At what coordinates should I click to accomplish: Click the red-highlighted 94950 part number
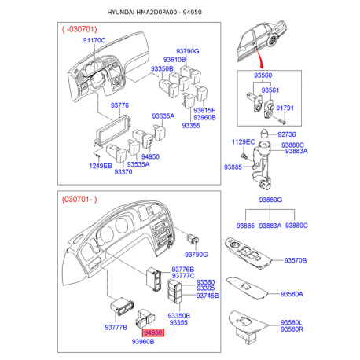(153, 332)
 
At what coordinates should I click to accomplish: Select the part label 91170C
(94, 40)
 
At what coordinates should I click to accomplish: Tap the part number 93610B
(174, 60)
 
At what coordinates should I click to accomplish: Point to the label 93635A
(163, 116)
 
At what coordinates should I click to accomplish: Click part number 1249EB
(101, 166)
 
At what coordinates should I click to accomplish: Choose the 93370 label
(123, 172)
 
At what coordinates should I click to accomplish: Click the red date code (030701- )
(79, 200)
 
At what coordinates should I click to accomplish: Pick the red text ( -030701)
(79, 29)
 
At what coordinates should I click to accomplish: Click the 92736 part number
(287, 134)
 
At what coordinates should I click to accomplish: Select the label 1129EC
(243, 142)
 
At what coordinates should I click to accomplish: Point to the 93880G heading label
(270, 200)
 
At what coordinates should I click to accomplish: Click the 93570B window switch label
(296, 260)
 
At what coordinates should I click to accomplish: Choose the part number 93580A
(292, 294)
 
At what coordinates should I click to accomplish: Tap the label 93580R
(292, 329)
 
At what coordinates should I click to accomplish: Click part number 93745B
(208, 296)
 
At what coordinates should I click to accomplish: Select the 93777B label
(116, 327)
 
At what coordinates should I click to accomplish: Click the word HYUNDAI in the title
(121, 12)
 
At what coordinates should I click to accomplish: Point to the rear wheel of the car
(273, 40)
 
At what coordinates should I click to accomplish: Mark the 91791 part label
(285, 108)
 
